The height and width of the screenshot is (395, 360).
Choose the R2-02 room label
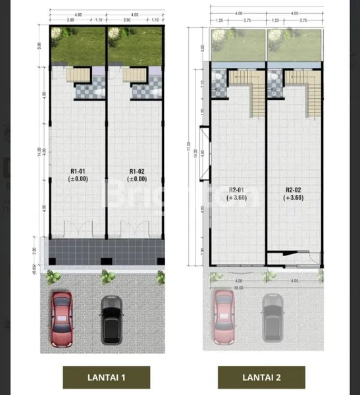(x=293, y=189)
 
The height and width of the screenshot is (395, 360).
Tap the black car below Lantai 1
(x=111, y=318)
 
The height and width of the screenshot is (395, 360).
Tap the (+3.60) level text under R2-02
(x=293, y=197)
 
